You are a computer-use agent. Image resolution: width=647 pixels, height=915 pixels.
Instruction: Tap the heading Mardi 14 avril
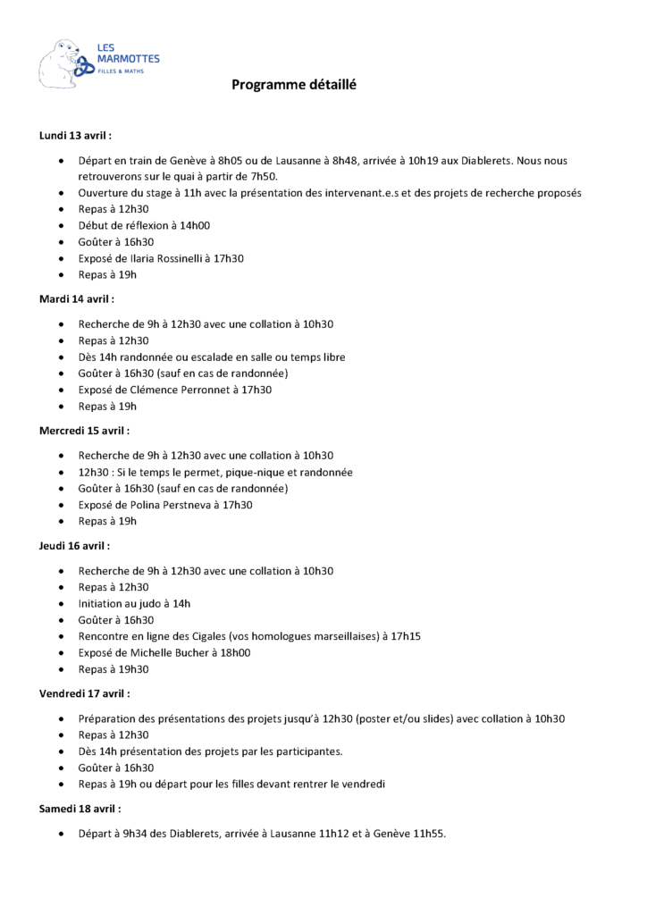coord(77,299)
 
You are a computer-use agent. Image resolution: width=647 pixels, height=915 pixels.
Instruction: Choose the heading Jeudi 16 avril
coord(75,545)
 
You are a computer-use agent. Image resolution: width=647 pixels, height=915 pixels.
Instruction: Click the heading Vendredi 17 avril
coord(84,693)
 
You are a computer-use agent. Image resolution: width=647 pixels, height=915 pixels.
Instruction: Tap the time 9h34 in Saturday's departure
coord(135,834)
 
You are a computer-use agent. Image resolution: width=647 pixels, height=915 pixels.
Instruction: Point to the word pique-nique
coord(244,472)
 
